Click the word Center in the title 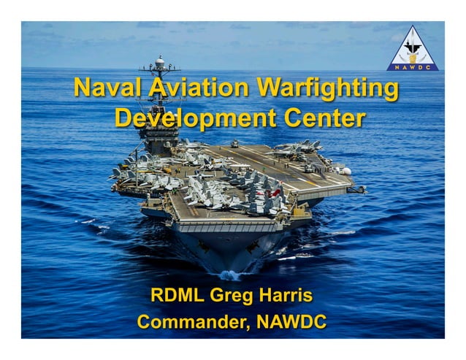pos(322,118)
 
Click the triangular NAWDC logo pos(413,49)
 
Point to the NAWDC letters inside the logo pos(413,66)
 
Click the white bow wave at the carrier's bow pos(229,275)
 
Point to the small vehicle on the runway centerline pos(234,144)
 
